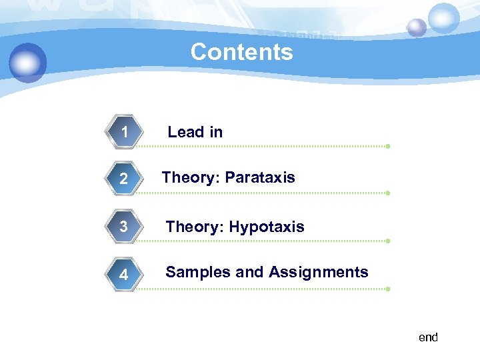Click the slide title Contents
coord(241,52)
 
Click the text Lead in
coord(195,132)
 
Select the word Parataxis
coord(260,177)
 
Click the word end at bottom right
coord(428,337)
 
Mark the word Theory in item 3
coord(194,227)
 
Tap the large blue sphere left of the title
coord(28,63)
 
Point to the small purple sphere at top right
coord(417,27)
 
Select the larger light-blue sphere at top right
coord(443,18)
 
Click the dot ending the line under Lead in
coord(387,146)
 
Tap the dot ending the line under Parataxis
coord(387,193)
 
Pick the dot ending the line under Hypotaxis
coord(387,241)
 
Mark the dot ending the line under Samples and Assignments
coord(387,289)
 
